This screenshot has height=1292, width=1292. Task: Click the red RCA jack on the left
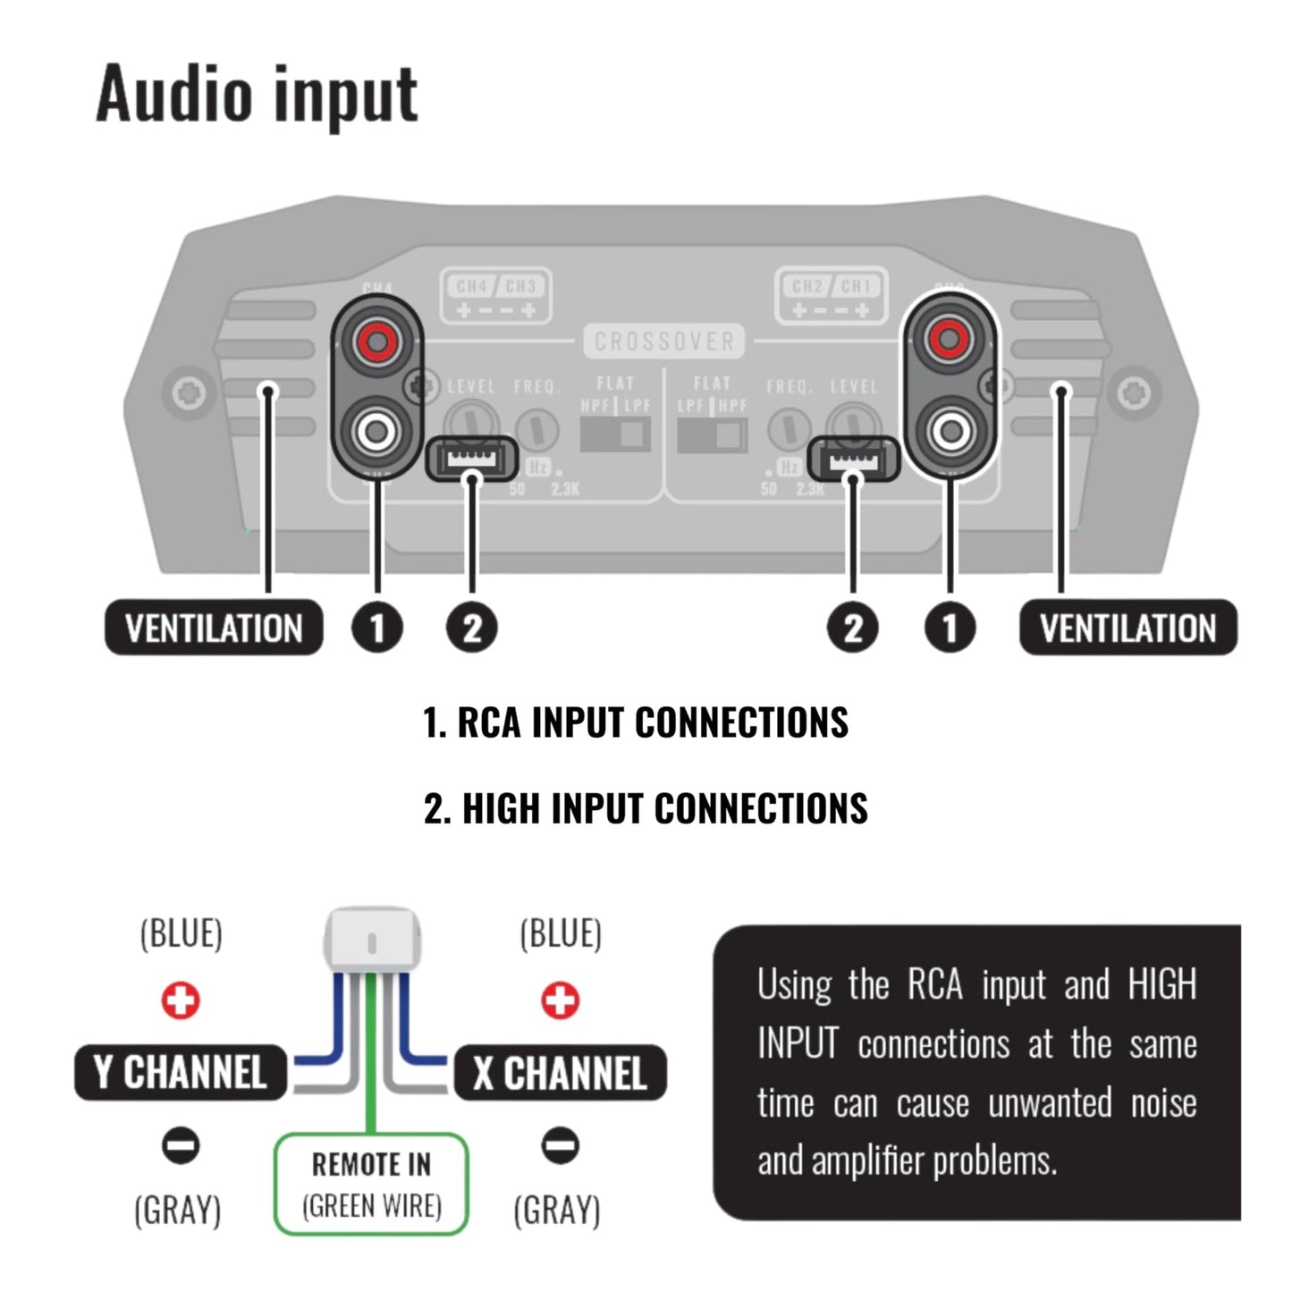tap(376, 340)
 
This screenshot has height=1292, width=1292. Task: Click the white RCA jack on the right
tap(950, 433)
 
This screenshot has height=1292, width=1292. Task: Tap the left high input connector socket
tap(471, 460)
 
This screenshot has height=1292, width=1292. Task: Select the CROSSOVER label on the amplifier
tap(664, 342)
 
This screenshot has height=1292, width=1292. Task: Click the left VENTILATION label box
tap(214, 628)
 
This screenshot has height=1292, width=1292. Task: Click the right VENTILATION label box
tap(1127, 628)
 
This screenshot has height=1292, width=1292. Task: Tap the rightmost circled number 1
tap(950, 628)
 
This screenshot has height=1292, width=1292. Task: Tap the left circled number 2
tap(472, 628)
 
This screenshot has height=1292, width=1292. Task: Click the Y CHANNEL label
tap(181, 1072)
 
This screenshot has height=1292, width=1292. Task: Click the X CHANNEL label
tap(561, 1072)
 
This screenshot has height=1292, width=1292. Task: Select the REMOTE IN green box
tap(371, 1185)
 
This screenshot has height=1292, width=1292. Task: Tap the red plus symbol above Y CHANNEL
tap(181, 1001)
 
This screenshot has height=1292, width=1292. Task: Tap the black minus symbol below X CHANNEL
tap(561, 1145)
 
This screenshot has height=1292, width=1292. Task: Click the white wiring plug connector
tap(372, 940)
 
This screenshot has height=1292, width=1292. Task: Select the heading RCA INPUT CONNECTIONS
tap(636, 722)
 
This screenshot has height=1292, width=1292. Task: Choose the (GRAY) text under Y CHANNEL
tap(178, 1211)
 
